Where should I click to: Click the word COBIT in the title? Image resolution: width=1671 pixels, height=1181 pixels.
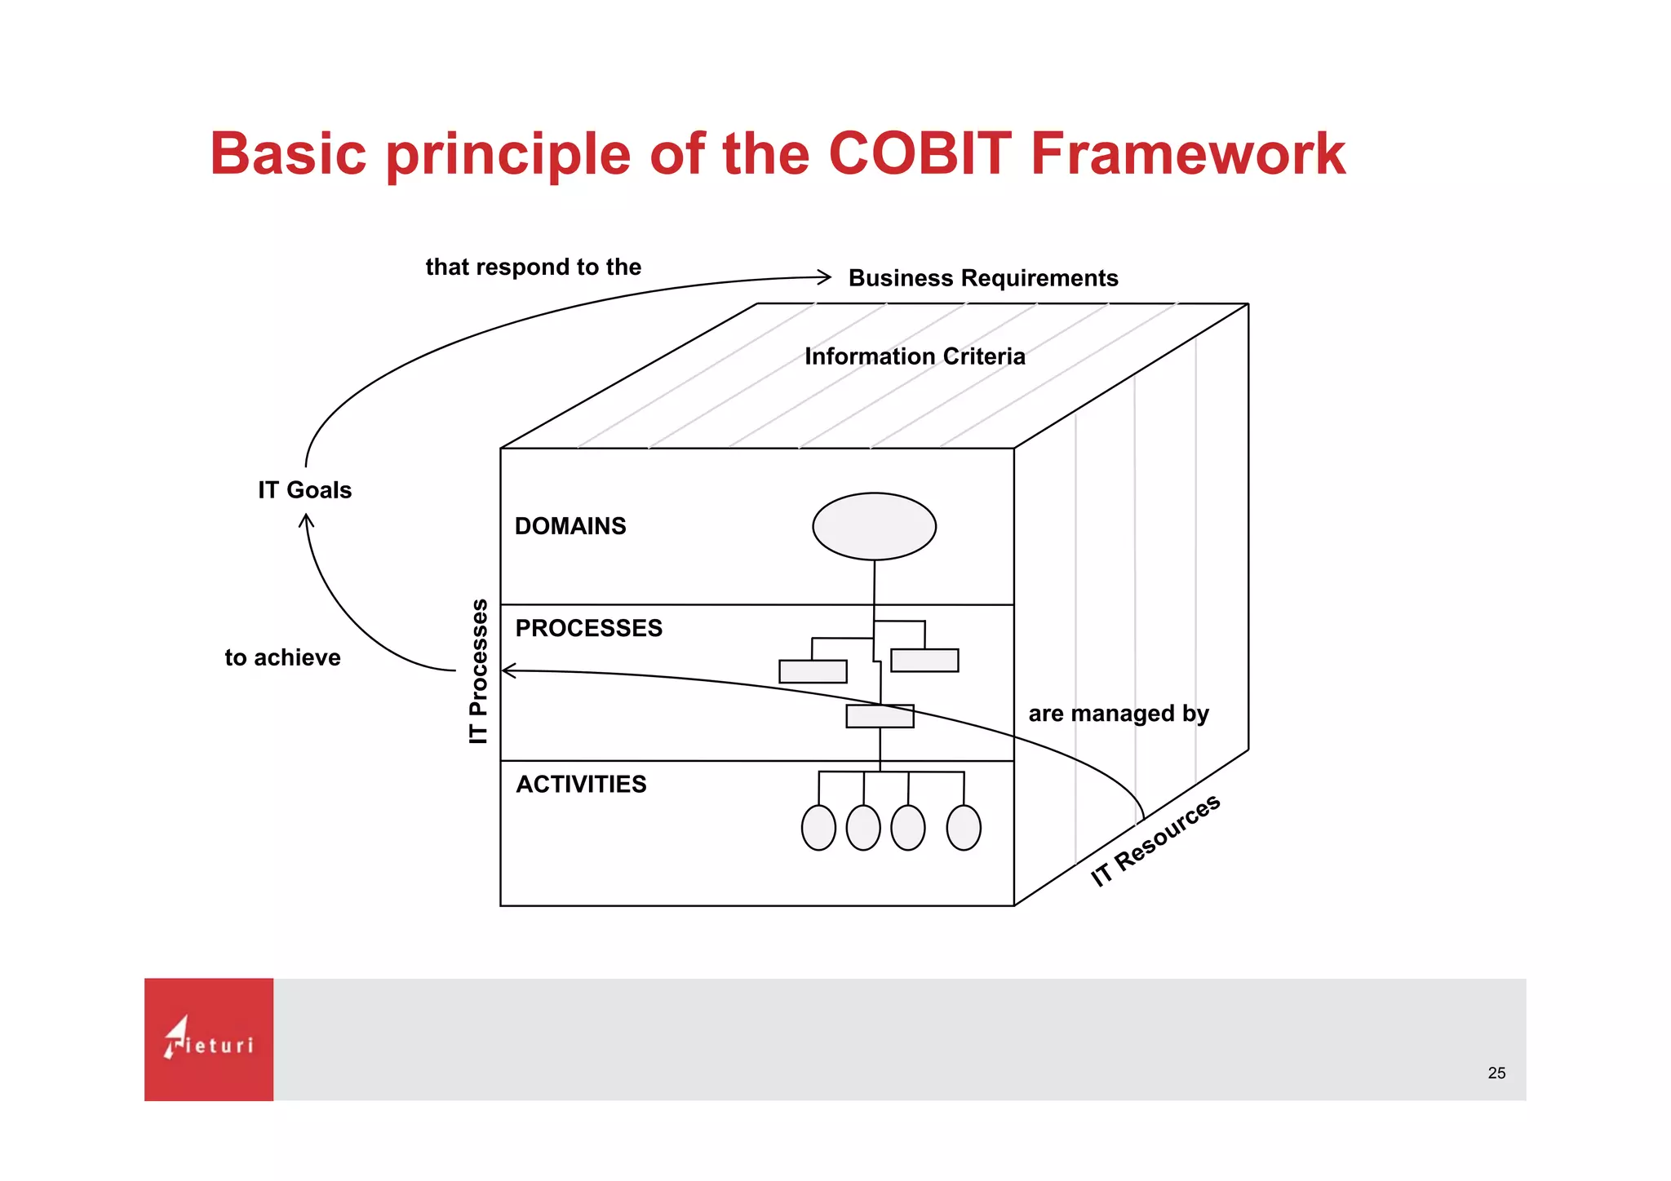click(x=920, y=153)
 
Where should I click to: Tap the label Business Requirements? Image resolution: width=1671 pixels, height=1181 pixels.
click(x=982, y=278)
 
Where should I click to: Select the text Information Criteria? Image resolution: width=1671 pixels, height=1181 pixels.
click(x=914, y=356)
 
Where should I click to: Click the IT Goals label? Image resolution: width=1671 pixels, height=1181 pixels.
click(x=304, y=490)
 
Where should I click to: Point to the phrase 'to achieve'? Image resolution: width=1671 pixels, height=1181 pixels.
click(x=282, y=657)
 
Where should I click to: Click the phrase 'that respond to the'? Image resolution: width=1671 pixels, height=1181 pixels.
click(x=533, y=268)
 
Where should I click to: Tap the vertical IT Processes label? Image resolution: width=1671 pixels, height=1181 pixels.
click(x=479, y=670)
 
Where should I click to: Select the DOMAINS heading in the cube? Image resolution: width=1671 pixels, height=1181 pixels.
click(x=570, y=526)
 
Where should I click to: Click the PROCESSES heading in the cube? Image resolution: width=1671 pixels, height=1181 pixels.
click(x=588, y=628)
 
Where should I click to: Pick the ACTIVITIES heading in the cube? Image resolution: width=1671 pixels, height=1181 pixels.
click(x=581, y=784)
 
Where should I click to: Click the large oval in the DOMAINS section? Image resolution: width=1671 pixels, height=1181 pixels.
click(x=874, y=526)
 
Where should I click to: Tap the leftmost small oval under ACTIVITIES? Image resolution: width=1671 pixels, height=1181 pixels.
click(x=818, y=828)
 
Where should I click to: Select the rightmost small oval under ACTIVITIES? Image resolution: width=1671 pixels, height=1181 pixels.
click(x=963, y=828)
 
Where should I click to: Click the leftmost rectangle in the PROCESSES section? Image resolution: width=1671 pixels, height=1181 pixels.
click(x=813, y=671)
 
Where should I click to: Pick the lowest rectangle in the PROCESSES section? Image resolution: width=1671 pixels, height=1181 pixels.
click(x=880, y=716)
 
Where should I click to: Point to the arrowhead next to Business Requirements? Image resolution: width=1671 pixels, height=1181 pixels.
click(x=825, y=277)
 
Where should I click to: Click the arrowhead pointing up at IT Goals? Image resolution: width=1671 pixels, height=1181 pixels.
click(x=307, y=520)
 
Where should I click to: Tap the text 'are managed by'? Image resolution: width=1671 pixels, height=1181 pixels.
click(x=1118, y=714)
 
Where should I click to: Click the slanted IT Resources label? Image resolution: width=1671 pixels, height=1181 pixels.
click(x=1155, y=840)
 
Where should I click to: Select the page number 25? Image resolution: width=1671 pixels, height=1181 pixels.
click(x=1496, y=1073)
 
